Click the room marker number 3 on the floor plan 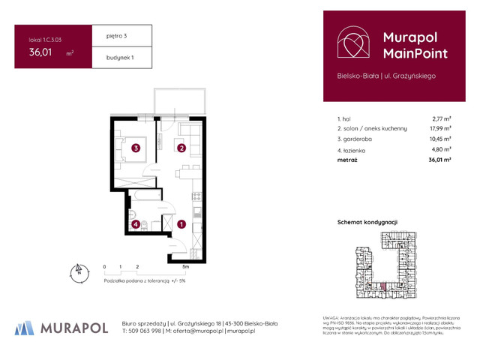(x=135, y=148)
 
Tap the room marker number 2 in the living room (x=181, y=148)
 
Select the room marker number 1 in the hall (x=181, y=223)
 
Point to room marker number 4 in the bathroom (x=135, y=223)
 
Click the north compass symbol (x=76, y=271)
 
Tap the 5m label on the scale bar (x=185, y=266)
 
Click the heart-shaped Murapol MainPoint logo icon (x=352, y=43)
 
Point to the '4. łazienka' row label (x=355, y=149)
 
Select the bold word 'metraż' (x=347, y=160)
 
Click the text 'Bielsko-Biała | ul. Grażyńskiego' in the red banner (x=385, y=76)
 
